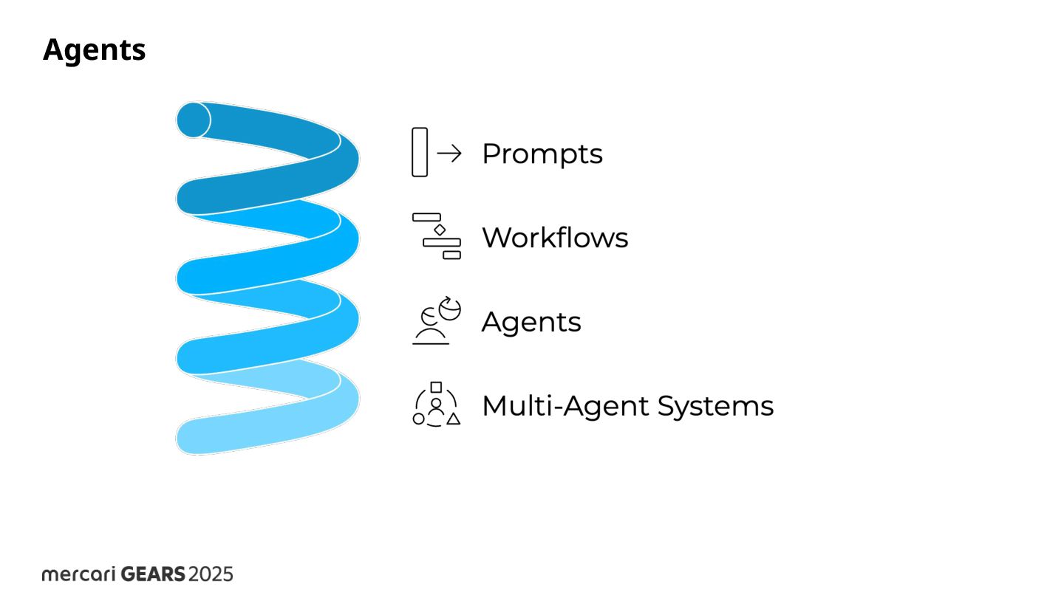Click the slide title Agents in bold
(x=95, y=50)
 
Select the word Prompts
(x=542, y=154)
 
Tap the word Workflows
(x=555, y=238)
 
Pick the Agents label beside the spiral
(x=531, y=322)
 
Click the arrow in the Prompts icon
(x=449, y=153)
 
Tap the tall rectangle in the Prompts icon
(x=420, y=152)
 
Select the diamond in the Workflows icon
(x=440, y=230)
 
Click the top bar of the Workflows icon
(x=426, y=217)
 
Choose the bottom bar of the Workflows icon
(x=451, y=255)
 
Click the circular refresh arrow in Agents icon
(x=449, y=309)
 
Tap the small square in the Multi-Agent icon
(x=436, y=387)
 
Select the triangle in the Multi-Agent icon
(x=454, y=419)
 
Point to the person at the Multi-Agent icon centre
(x=436, y=407)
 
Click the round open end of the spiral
(x=194, y=120)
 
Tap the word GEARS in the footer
(x=153, y=574)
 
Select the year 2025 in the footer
(x=211, y=574)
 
